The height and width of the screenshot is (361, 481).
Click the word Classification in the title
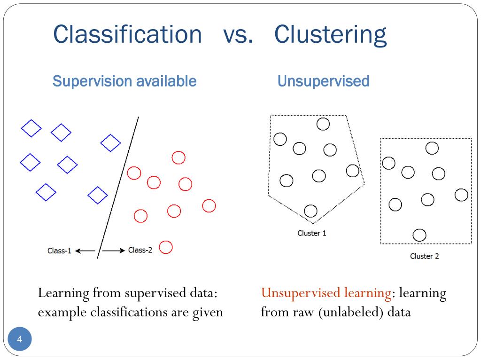click(127, 34)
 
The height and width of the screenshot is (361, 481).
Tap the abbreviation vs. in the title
click(238, 34)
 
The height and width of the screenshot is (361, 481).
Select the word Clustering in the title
click(330, 34)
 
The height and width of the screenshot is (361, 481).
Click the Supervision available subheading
click(124, 81)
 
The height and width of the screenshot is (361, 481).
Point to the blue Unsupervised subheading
click(323, 81)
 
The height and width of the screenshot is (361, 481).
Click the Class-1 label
click(59, 251)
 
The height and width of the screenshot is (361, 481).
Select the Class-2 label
click(140, 250)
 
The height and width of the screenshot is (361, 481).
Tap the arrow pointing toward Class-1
click(85, 251)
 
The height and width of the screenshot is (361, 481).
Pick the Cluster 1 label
click(311, 233)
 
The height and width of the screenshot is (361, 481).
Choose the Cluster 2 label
click(424, 256)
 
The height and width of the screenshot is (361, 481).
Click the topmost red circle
click(178, 157)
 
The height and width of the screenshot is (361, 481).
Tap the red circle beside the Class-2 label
click(166, 247)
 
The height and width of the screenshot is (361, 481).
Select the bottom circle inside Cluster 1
click(310, 211)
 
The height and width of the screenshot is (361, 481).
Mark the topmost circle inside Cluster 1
click(323, 124)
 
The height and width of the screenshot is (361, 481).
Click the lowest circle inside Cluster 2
click(419, 235)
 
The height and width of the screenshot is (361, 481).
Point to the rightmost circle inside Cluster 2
click(461, 195)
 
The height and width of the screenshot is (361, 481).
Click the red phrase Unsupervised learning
click(326, 293)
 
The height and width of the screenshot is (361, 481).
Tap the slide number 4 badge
click(20, 340)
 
